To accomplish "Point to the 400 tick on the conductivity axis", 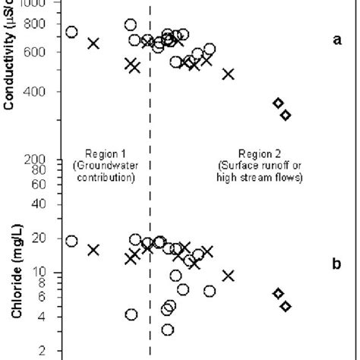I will pyautogui.click(x=40, y=92).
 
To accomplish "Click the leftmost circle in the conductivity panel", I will pyautogui.click(x=71, y=32).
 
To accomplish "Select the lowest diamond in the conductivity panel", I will pyautogui.click(x=286, y=115).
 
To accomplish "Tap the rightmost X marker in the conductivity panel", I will pyautogui.click(x=228, y=74).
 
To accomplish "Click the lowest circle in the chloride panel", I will pyautogui.click(x=168, y=330).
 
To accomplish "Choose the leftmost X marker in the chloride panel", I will pyautogui.click(x=93, y=249).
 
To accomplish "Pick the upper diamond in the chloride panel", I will pyautogui.click(x=279, y=293).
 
